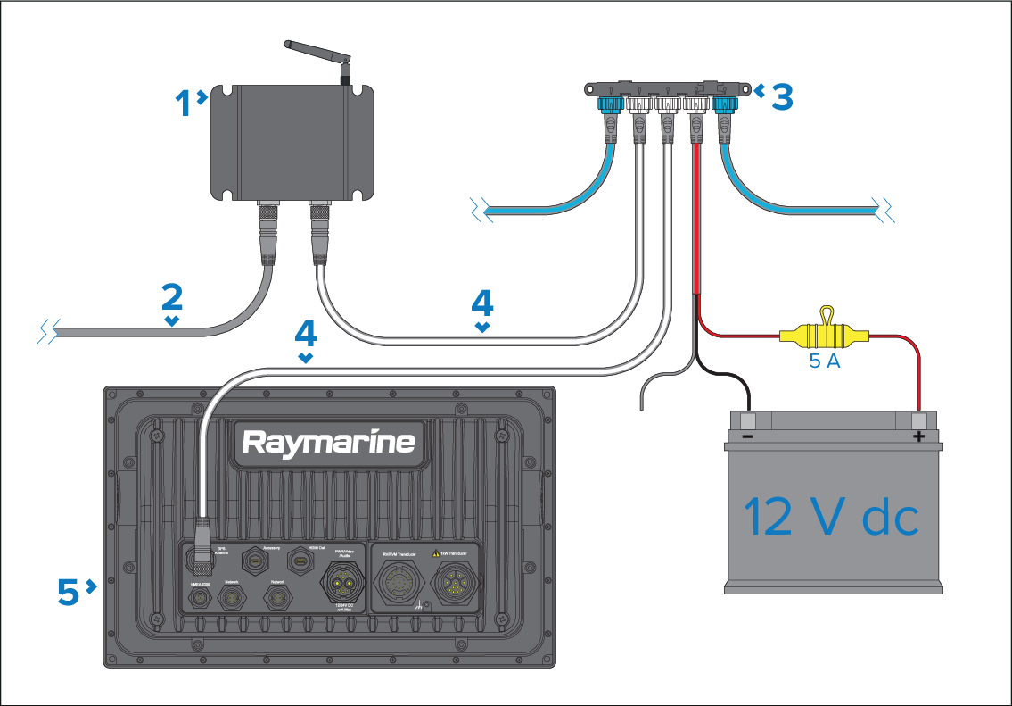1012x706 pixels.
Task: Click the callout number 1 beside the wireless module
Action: [x=185, y=104]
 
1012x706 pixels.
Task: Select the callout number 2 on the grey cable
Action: [x=172, y=297]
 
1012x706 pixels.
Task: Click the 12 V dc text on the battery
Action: [x=830, y=517]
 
